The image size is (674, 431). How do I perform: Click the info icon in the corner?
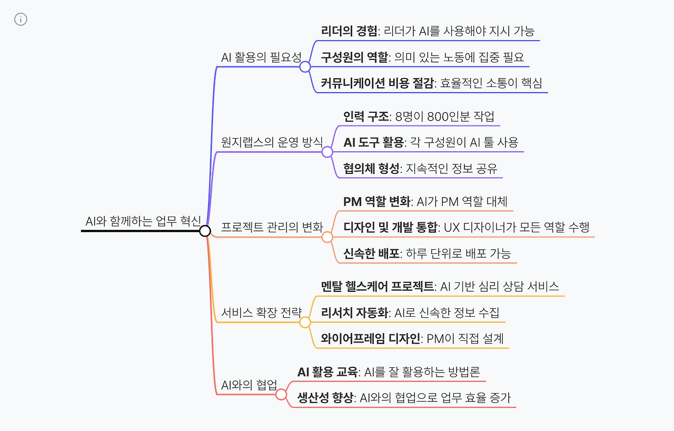pyautogui.click(x=21, y=19)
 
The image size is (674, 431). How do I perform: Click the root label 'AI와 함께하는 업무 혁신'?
pyautogui.click(x=143, y=221)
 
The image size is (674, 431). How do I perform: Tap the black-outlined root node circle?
pyautogui.click(x=205, y=231)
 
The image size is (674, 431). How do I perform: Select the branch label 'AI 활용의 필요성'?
pyautogui.click(x=261, y=57)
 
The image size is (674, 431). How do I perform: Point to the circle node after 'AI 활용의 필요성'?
pyautogui.click(x=305, y=67)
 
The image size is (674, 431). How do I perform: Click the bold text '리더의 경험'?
pyautogui.click(x=349, y=31)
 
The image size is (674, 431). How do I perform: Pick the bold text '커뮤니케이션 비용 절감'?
pyautogui.click(x=377, y=83)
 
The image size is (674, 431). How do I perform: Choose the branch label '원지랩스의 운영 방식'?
pyautogui.click(x=272, y=142)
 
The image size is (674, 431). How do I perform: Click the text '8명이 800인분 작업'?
pyautogui.click(x=452, y=116)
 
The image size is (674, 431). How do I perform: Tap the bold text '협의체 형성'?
pyautogui.click(x=371, y=169)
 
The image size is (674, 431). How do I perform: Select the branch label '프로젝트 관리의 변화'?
pyautogui.click(x=272, y=228)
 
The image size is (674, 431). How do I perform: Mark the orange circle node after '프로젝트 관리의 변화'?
pyautogui.click(x=328, y=237)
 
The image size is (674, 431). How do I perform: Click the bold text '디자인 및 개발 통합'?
pyautogui.click(x=390, y=227)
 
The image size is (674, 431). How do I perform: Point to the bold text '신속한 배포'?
pyautogui.click(x=371, y=253)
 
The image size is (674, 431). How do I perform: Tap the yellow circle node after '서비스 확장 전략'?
pyautogui.click(x=305, y=322)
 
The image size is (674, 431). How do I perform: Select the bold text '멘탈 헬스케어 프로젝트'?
pyautogui.click(x=378, y=286)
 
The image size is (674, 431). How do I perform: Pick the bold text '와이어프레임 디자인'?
pyautogui.click(x=371, y=339)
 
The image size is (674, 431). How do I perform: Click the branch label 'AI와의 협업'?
pyautogui.click(x=249, y=385)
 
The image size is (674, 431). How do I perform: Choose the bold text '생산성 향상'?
pyautogui.click(x=325, y=398)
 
